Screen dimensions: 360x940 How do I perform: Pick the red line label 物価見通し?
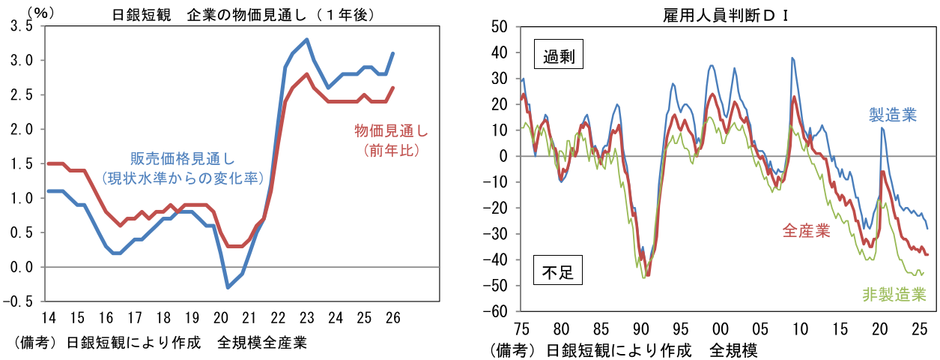(x=391, y=132)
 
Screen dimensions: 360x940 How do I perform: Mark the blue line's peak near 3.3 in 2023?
(x=306, y=40)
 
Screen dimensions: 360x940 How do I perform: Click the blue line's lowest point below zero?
(x=228, y=287)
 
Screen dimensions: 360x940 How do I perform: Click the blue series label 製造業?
(x=892, y=115)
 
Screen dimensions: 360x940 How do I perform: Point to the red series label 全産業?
(x=806, y=230)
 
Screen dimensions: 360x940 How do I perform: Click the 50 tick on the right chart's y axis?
(x=499, y=27)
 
